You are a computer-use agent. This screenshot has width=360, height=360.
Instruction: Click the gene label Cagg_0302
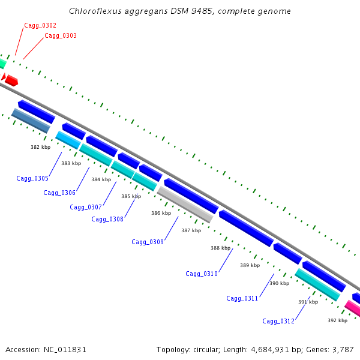point(40,25)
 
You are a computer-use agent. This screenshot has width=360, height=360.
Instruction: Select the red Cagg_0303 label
point(61,36)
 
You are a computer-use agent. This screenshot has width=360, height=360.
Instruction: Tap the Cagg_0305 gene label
point(32,178)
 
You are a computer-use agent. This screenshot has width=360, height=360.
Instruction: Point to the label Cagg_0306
point(59,193)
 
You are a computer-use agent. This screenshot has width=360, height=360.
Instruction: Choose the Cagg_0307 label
point(86,207)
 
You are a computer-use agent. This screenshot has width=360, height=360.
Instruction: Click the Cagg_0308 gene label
point(107,219)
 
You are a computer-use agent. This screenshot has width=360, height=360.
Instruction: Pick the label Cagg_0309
point(148,242)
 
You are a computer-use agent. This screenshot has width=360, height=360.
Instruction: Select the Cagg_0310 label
point(202,274)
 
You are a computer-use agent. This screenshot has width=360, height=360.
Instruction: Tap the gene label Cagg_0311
point(242,298)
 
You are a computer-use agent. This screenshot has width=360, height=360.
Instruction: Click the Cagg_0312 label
point(278,321)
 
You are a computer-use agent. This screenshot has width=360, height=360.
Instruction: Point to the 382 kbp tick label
point(41,146)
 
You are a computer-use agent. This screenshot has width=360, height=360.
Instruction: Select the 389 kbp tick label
point(250,265)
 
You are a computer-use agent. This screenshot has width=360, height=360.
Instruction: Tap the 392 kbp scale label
point(337,320)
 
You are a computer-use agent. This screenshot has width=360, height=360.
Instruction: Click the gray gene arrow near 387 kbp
point(185,204)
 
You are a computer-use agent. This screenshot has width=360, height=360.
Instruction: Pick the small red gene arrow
point(11,80)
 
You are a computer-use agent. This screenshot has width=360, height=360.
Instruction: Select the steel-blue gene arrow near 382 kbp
point(31,121)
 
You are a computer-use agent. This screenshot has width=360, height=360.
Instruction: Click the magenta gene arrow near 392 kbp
point(352,308)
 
